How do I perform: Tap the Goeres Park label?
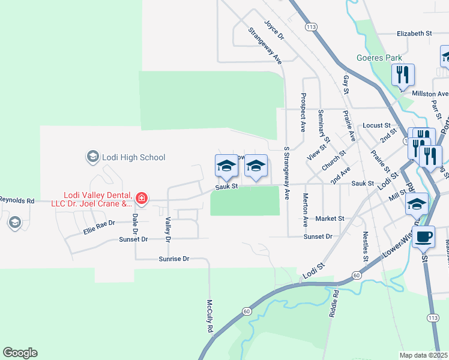click(x=379, y=58)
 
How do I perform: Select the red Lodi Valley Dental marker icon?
click(x=142, y=198)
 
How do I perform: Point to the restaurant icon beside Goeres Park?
click(x=403, y=75)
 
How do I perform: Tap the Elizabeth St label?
click(x=414, y=34)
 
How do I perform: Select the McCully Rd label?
click(x=210, y=316)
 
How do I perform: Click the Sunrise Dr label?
click(x=174, y=259)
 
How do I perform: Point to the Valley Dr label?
click(x=168, y=230)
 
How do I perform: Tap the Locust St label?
click(x=377, y=125)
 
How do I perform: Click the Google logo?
click(x=20, y=353)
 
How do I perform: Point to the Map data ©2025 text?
click(x=424, y=355)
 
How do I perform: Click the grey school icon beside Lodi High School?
click(x=92, y=157)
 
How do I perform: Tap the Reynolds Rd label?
click(x=17, y=200)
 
